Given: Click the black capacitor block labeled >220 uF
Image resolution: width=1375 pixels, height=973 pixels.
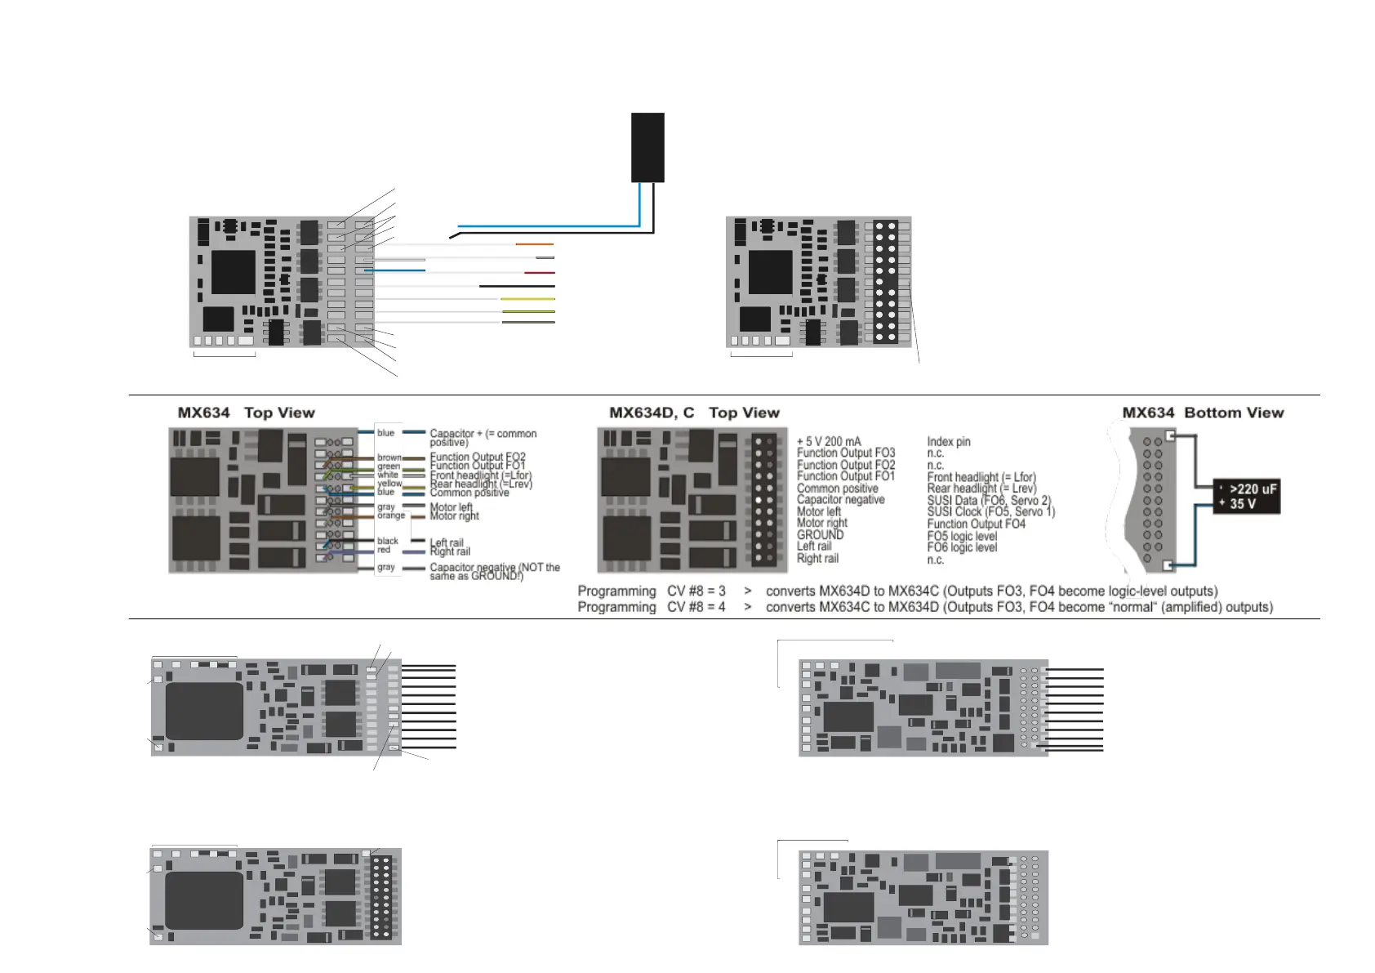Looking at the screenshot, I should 1246,496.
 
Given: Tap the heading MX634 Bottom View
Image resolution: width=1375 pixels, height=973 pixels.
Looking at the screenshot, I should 1202,413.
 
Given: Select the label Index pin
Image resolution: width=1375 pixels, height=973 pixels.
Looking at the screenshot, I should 948,441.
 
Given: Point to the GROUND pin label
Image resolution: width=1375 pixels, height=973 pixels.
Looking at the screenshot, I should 820,535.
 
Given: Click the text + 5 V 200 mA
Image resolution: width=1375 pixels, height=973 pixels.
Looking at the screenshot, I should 828,441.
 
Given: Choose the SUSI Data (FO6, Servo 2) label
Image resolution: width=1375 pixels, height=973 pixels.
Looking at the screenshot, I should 989,500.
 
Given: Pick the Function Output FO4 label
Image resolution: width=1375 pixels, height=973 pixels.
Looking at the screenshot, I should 976,524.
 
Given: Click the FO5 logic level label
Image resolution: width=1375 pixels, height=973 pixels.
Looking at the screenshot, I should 962,536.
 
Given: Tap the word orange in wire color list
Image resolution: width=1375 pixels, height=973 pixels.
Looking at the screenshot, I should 391,516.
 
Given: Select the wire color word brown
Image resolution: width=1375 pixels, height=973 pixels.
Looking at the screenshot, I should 389,457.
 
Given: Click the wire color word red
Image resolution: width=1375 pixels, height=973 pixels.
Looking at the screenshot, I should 384,550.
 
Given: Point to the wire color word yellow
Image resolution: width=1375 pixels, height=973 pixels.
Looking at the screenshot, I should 389,484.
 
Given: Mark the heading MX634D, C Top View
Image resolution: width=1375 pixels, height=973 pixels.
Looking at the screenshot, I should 694,413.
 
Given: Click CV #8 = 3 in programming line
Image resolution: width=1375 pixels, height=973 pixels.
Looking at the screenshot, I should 696,591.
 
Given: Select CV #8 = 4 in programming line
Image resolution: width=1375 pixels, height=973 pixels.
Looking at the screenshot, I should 696,607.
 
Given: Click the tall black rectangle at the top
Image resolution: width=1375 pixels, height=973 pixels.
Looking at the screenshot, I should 647,147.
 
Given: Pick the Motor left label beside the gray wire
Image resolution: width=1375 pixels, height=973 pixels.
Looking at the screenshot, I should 451,507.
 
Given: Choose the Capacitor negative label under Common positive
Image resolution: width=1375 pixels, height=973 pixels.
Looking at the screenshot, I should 840,500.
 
